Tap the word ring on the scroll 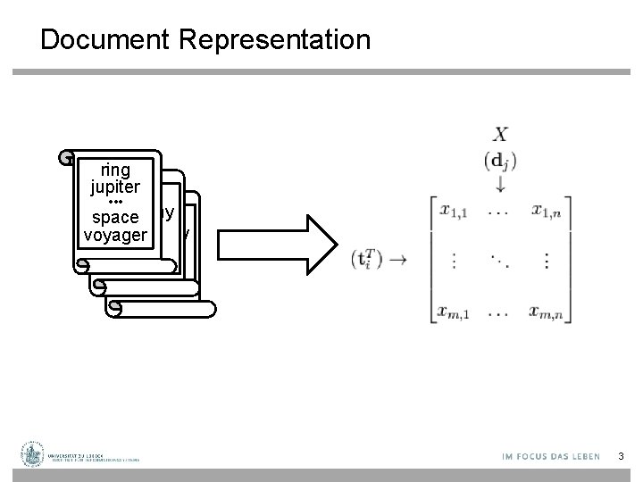[x=115, y=170]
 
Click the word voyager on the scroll [x=115, y=235]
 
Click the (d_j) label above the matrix [x=500, y=162]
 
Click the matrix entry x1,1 [x=455, y=212]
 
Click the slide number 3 [x=622, y=457]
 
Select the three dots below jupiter [x=115, y=203]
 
